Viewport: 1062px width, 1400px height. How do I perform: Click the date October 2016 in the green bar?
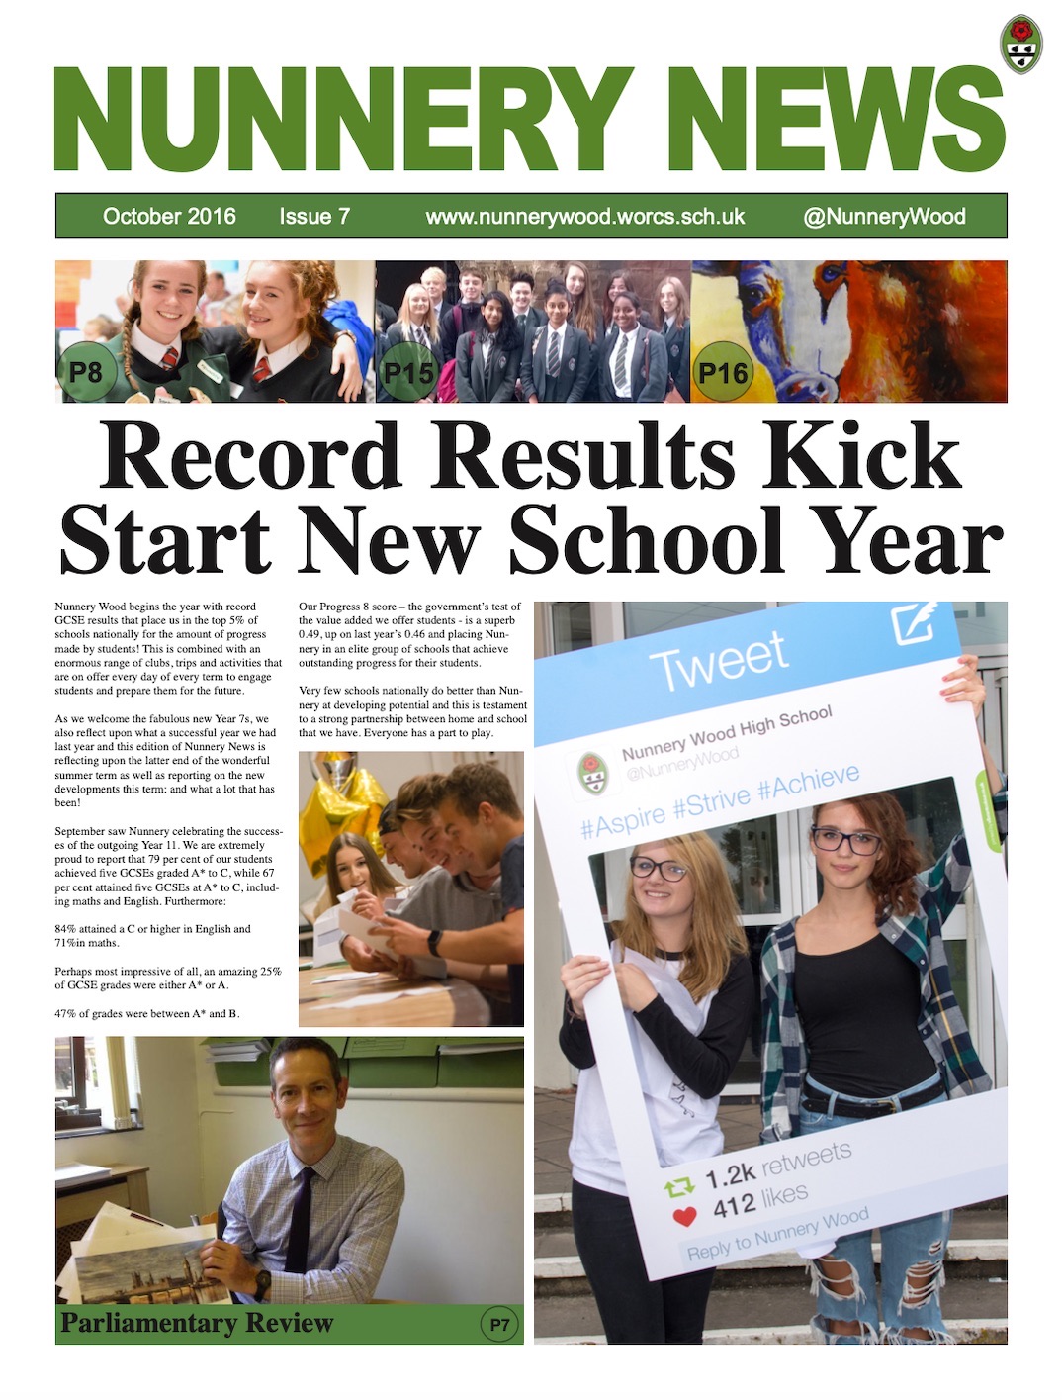169,216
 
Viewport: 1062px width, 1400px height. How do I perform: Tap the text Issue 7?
314,216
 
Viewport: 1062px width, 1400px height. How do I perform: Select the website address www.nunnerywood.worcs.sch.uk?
584,216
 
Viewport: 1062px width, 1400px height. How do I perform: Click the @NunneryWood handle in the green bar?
884,216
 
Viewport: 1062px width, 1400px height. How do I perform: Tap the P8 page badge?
86,372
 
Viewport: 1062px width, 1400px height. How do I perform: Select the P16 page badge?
722,372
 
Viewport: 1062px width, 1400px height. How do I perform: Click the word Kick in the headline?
862,456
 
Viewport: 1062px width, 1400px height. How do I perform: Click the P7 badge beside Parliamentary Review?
499,1325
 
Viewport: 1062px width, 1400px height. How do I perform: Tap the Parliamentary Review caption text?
197,1323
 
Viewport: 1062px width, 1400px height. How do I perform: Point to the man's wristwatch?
261,1283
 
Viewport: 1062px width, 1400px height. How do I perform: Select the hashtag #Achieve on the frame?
808,788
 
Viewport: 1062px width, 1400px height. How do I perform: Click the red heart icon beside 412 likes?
684,1216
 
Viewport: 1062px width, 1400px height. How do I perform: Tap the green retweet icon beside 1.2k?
679,1187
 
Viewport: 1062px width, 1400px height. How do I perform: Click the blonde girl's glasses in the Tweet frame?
658,870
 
